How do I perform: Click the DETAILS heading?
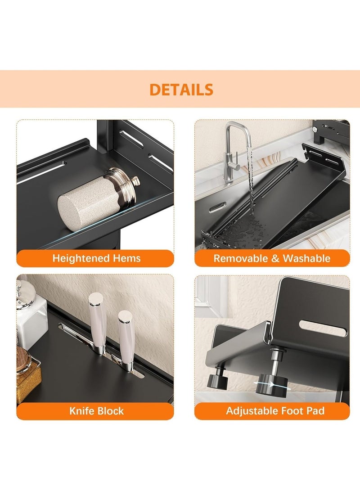[181, 90]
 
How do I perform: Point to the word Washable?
[306, 258]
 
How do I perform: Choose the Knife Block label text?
[96, 411]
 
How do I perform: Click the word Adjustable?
[252, 411]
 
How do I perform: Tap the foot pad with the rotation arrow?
[271, 385]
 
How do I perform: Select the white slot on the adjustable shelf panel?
[324, 328]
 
